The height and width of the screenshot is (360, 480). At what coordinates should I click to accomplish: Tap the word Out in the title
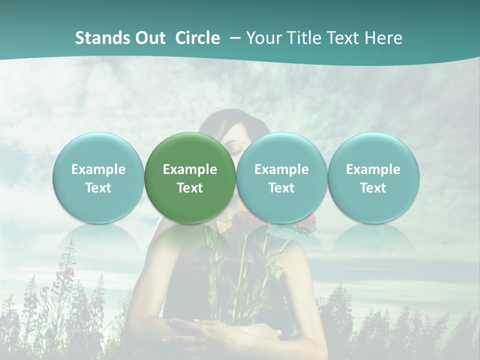point(149,38)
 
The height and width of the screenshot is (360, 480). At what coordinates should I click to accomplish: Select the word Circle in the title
point(197,38)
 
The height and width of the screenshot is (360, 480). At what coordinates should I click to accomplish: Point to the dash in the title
point(234,38)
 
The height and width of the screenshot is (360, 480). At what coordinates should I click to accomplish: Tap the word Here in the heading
point(383,38)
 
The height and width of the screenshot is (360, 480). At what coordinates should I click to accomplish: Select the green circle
point(190,177)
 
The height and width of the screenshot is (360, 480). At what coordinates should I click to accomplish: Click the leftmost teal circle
point(98,177)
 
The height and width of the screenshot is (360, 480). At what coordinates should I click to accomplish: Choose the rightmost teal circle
point(373,177)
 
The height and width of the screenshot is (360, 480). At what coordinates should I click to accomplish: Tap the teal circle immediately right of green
point(281,177)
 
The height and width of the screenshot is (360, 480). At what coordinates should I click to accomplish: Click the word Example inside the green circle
point(190,169)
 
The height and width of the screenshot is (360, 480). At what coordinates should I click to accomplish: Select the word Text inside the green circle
point(190,188)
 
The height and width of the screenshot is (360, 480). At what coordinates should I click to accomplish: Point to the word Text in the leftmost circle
point(98,188)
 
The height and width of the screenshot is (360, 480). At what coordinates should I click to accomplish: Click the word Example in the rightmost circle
point(373,169)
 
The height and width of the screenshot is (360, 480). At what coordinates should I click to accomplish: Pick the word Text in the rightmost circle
point(373,188)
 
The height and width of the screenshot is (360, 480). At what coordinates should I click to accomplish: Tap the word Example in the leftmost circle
point(98,169)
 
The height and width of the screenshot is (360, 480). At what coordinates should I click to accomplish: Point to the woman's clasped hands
point(210,330)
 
